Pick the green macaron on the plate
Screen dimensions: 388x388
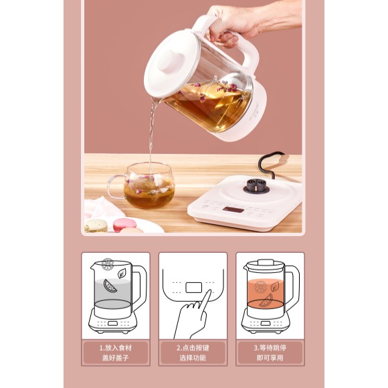[x=96, y=225]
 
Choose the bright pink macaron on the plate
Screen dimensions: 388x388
[x=124, y=224]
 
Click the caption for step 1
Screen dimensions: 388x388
[x=115, y=353]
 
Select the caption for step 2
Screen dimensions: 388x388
[x=193, y=353]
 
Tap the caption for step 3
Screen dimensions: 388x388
[x=270, y=353]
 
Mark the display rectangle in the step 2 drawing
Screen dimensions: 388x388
[x=194, y=288]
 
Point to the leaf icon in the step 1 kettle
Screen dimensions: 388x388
[x=122, y=274]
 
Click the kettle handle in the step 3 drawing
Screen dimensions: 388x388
[x=293, y=285]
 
